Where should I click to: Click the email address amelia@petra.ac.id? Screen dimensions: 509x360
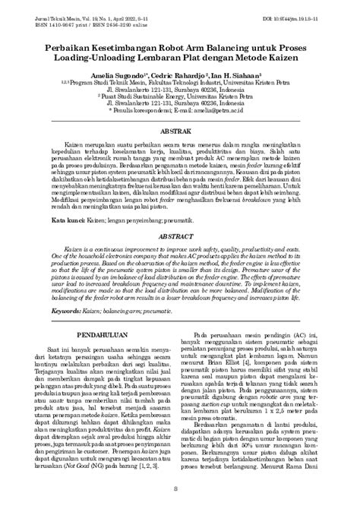click(232, 110)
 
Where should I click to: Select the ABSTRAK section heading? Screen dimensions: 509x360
click(179, 131)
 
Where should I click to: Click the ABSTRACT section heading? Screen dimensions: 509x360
click(179, 236)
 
